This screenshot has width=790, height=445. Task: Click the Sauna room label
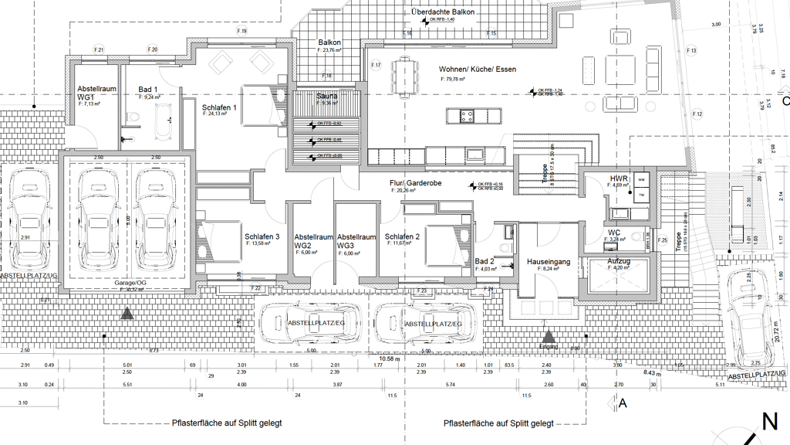[x=326, y=96]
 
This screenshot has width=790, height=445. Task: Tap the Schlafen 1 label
[x=219, y=108]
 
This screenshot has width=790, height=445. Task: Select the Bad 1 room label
[x=148, y=90]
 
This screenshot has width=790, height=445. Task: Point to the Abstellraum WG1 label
[x=96, y=93]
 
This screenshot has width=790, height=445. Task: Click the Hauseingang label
[x=548, y=262]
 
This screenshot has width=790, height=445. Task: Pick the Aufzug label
[x=619, y=262]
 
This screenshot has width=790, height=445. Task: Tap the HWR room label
[x=619, y=179]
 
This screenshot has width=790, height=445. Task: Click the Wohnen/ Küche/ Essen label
[x=478, y=70]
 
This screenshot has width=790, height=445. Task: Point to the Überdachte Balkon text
[x=443, y=12]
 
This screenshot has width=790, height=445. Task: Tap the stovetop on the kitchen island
[x=467, y=117]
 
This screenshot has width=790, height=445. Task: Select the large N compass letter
[x=769, y=422]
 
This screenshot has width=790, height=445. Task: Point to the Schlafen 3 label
[x=262, y=237]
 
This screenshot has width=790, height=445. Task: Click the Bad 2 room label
[x=484, y=262]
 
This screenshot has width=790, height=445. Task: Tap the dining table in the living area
[x=404, y=78]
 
